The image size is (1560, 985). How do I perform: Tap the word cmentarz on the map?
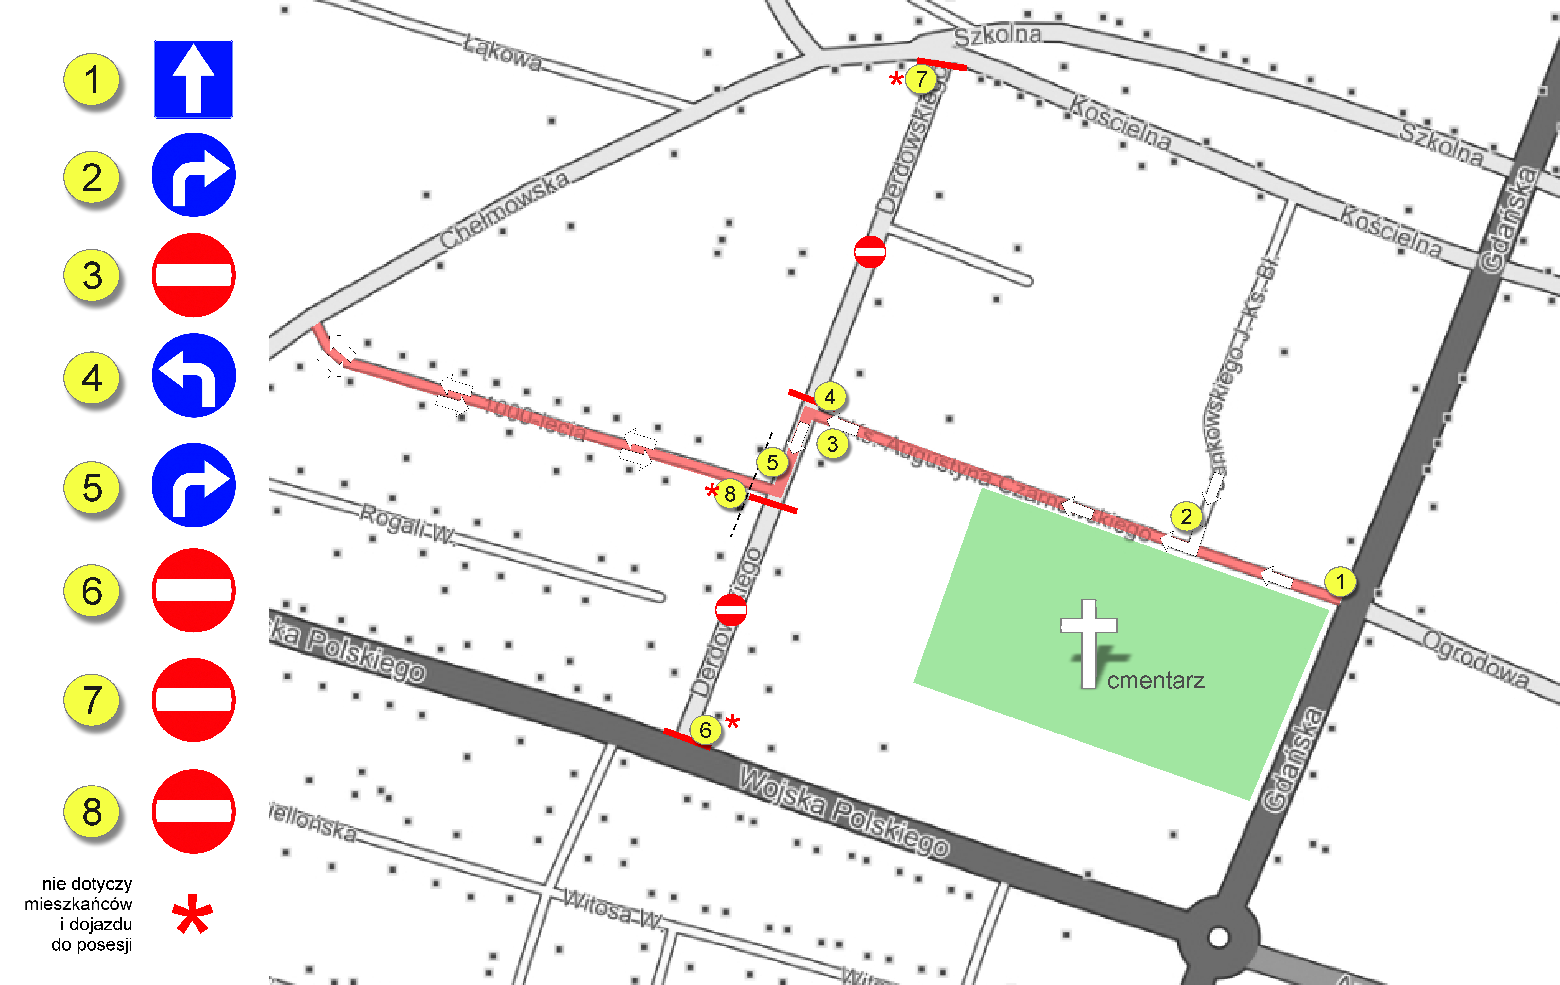pyautogui.click(x=1156, y=681)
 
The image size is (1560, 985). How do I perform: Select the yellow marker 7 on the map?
pyautogui.click(x=920, y=79)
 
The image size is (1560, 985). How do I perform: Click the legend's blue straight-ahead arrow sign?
pyautogui.click(x=193, y=79)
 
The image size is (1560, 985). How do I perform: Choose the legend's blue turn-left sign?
pyautogui.click(x=193, y=375)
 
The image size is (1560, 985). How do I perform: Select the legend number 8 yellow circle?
pyautogui.click(x=92, y=811)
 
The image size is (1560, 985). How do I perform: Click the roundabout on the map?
pyautogui.click(x=1218, y=936)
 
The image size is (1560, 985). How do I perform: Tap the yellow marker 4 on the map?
pyautogui.click(x=830, y=396)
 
